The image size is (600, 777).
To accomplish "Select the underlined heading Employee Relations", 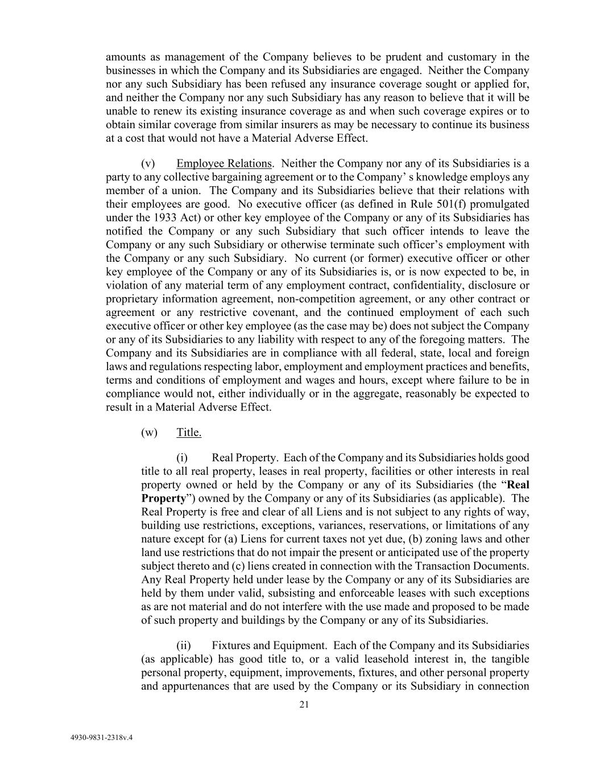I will [224, 163].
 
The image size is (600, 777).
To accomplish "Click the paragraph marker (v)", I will [148, 163].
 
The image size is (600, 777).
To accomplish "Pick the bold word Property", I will [163, 498].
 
